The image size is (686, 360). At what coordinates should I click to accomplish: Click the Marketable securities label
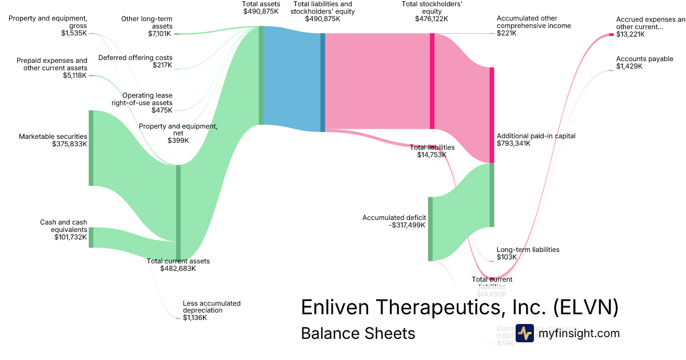(53, 137)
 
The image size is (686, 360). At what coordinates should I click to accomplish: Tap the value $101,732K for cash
(70, 237)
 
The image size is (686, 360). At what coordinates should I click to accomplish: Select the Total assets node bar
(261, 75)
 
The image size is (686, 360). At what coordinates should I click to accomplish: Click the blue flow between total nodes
(292, 79)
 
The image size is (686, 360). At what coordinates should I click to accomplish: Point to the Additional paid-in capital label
(536, 136)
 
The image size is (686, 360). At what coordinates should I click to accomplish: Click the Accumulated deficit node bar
(430, 229)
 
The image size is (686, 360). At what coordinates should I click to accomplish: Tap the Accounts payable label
(644, 59)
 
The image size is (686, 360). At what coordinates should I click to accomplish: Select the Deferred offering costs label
(135, 58)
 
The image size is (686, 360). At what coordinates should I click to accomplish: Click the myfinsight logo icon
(524, 333)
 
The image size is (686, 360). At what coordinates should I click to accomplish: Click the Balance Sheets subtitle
(358, 333)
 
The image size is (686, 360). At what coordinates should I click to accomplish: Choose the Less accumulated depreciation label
(212, 307)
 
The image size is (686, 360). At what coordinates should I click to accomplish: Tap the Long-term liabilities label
(528, 250)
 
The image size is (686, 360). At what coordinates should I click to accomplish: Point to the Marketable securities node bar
(90, 148)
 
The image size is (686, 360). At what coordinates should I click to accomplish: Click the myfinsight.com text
(579, 333)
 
